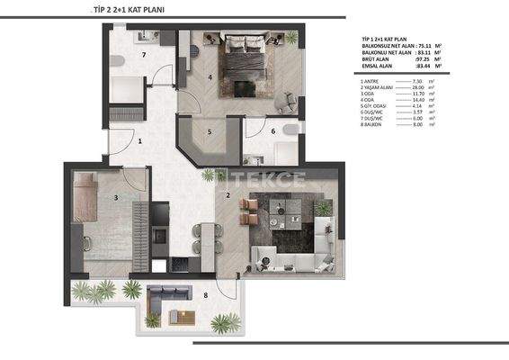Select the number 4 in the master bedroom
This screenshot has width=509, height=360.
[x=210, y=77]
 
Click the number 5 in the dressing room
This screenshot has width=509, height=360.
[x=210, y=132]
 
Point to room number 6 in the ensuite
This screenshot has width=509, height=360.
[x=273, y=131]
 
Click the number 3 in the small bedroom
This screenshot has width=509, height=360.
[x=116, y=196]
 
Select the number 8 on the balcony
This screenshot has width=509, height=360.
[x=205, y=295]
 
